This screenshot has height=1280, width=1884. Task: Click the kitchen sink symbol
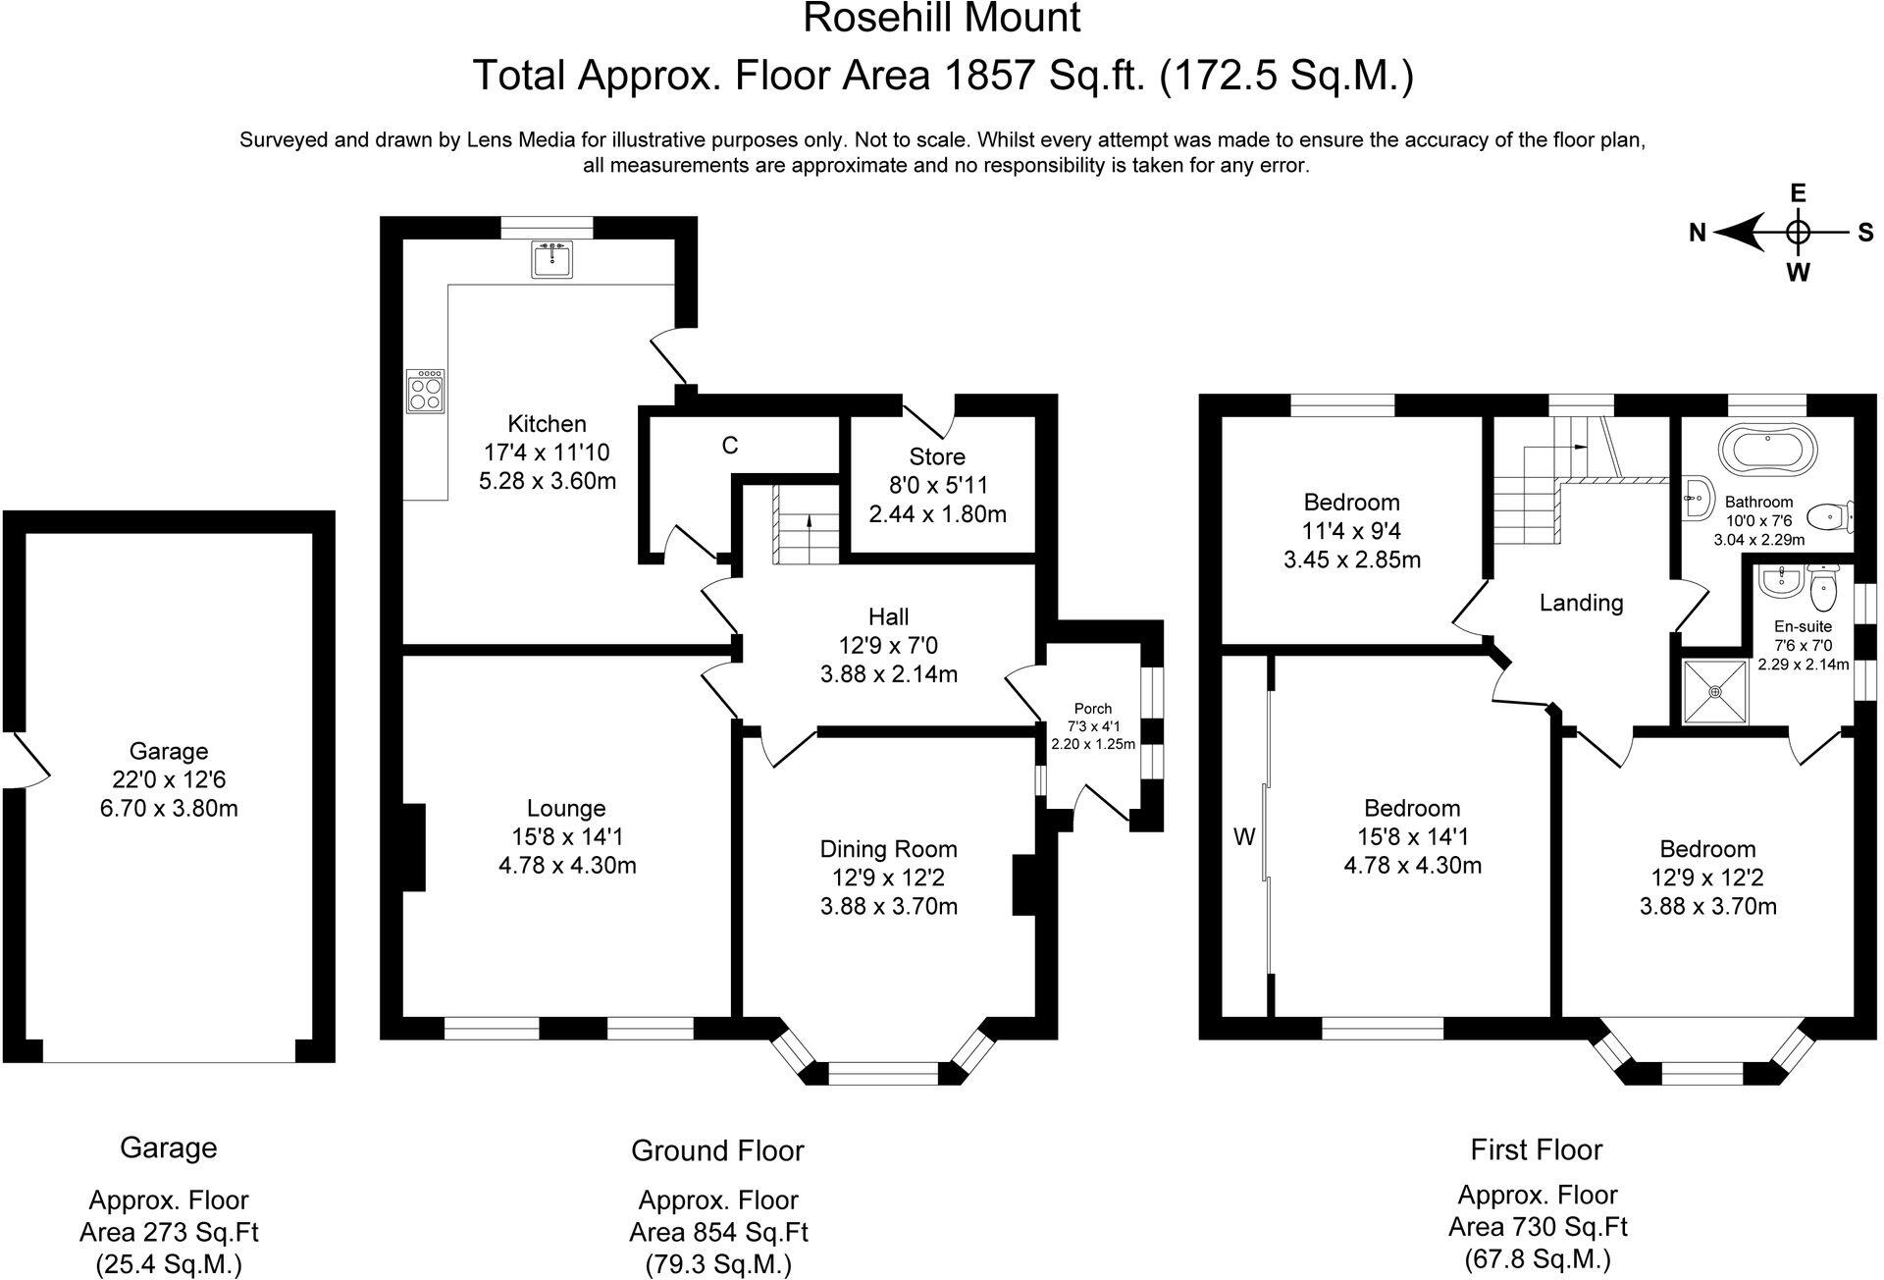click(x=553, y=259)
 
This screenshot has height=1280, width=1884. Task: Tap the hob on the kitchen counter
click(x=425, y=391)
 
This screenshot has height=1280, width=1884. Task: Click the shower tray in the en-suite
click(x=1716, y=692)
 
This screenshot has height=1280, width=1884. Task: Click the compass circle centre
click(x=1798, y=233)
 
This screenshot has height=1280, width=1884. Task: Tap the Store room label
click(x=937, y=456)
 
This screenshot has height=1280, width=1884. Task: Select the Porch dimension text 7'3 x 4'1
click(x=1093, y=726)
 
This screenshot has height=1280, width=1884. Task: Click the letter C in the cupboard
click(x=730, y=446)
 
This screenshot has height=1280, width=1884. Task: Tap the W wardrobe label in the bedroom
click(x=1244, y=837)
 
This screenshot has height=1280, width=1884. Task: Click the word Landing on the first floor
click(x=1581, y=603)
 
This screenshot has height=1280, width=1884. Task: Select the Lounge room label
click(x=566, y=808)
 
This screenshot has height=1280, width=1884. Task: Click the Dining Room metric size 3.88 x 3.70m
click(x=889, y=906)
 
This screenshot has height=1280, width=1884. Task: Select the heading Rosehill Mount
click(x=942, y=18)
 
